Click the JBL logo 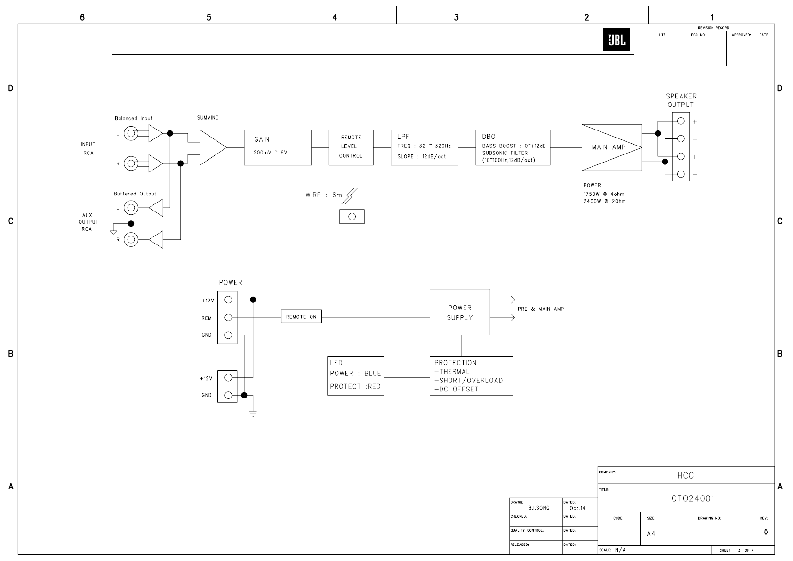(616, 40)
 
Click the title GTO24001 (693, 499)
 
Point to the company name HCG (686, 476)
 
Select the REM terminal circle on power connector (228, 317)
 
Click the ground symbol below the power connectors (253, 413)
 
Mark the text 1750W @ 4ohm (604, 194)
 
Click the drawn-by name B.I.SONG (539, 508)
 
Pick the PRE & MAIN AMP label (541, 309)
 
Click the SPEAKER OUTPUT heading (681, 100)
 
